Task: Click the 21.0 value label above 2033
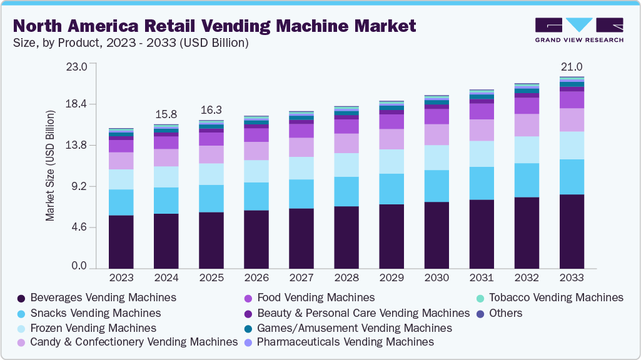point(572,67)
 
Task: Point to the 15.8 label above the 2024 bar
point(166,114)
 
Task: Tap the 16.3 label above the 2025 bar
point(211,110)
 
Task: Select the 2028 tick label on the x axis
point(346,277)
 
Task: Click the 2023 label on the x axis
point(121,277)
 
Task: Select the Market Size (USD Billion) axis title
point(50,166)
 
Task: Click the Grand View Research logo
point(579,29)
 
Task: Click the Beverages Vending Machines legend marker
point(21,298)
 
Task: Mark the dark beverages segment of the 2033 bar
point(572,231)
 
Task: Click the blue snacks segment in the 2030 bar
point(437,186)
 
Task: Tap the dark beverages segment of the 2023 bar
point(121,242)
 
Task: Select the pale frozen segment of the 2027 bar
point(301,168)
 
